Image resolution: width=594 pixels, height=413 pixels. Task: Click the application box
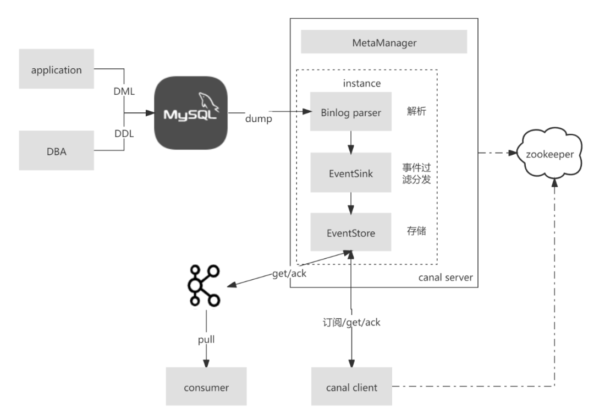click(57, 69)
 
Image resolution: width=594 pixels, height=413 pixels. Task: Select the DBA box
click(57, 150)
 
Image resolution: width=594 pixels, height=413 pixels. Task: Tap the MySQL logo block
click(191, 113)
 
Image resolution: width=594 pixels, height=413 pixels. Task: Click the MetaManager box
click(384, 42)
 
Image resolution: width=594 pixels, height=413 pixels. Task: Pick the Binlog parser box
click(351, 111)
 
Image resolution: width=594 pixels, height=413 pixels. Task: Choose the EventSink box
click(351, 172)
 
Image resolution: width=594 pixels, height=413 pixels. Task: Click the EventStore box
click(351, 232)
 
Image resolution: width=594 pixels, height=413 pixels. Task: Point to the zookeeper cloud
click(550, 153)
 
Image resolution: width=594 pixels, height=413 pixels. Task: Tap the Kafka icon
click(204, 286)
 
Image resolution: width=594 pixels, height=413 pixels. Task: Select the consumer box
click(206, 387)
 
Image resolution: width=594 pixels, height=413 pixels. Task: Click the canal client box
click(351, 387)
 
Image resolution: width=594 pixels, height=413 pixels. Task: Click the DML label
click(124, 91)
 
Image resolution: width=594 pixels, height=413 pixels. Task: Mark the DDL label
click(124, 134)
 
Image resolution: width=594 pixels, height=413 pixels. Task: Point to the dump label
click(258, 119)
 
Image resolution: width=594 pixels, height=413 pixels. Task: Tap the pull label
click(206, 339)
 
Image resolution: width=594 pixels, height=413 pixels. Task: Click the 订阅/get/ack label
click(351, 322)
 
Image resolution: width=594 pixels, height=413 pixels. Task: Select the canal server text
click(446, 278)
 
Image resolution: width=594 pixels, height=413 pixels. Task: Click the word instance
click(362, 84)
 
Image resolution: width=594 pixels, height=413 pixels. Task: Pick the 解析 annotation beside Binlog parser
click(416, 111)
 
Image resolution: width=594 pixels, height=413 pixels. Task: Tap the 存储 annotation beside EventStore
click(416, 231)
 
